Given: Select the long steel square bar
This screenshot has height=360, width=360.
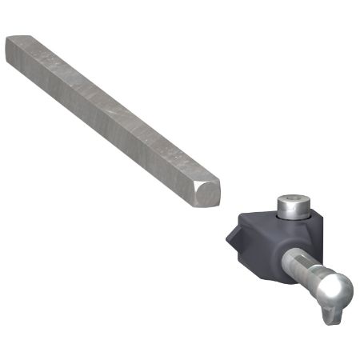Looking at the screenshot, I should [x=112, y=112].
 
